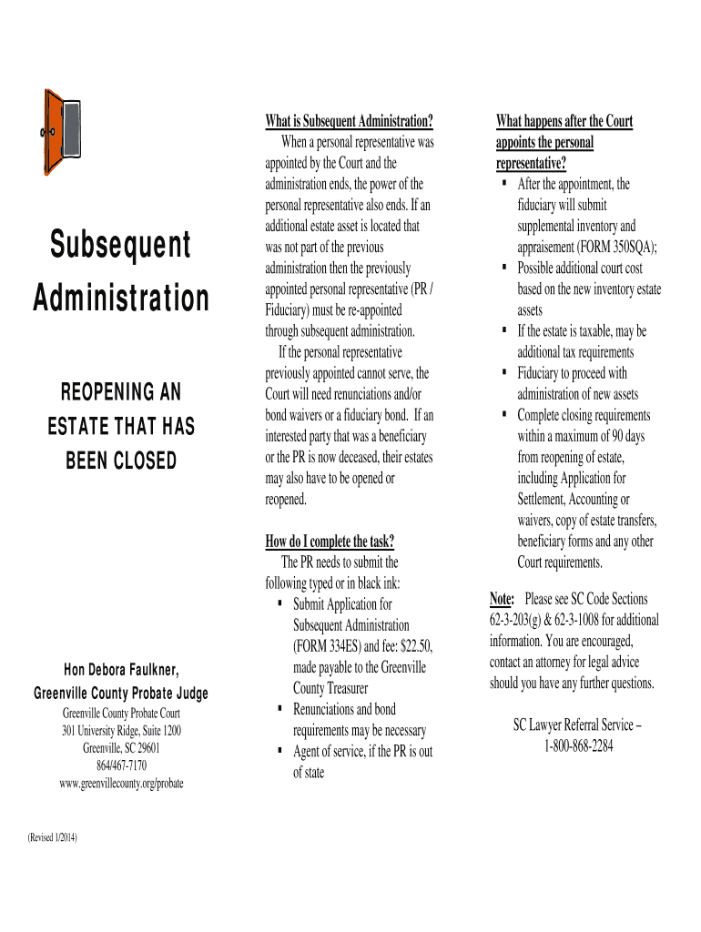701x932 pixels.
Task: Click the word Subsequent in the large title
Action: click(x=121, y=244)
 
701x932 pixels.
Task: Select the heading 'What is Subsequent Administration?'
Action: click(x=349, y=121)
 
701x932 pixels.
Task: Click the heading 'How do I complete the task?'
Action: click(x=330, y=542)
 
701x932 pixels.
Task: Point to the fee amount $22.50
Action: click(x=415, y=646)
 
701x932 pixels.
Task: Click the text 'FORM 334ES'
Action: click(x=330, y=646)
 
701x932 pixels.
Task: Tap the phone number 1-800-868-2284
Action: click(x=578, y=746)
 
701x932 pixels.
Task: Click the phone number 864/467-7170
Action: click(x=121, y=765)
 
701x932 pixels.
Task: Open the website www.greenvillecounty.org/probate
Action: click(x=121, y=783)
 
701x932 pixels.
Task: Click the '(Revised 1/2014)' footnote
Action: click(x=53, y=837)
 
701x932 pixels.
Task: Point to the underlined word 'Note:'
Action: click(x=502, y=599)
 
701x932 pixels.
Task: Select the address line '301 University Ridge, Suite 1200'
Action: click(x=121, y=731)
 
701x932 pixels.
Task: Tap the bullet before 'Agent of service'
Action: click(x=279, y=752)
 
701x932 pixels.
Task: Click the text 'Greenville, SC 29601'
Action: click(x=121, y=748)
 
